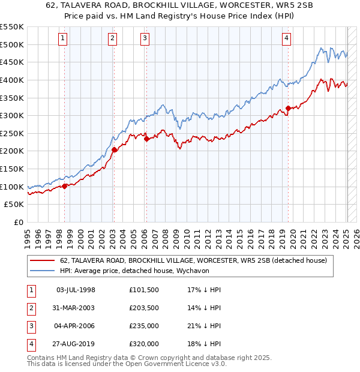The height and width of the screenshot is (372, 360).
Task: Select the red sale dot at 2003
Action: pyautogui.click(x=114, y=150)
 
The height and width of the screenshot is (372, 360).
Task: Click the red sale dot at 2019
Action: pyautogui.click(x=288, y=108)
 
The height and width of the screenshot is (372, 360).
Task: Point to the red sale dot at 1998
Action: pyautogui.click(x=64, y=186)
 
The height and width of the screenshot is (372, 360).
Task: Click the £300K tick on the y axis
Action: pyautogui.click(x=13, y=115)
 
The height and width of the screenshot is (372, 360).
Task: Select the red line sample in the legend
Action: pyautogui.click(x=43, y=260)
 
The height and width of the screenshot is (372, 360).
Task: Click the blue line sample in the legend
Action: pyautogui.click(x=43, y=271)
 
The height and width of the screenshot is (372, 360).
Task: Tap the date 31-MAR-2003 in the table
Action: pyautogui.click(x=76, y=307)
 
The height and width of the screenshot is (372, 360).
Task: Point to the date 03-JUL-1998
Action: pyautogui.click(x=76, y=289)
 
